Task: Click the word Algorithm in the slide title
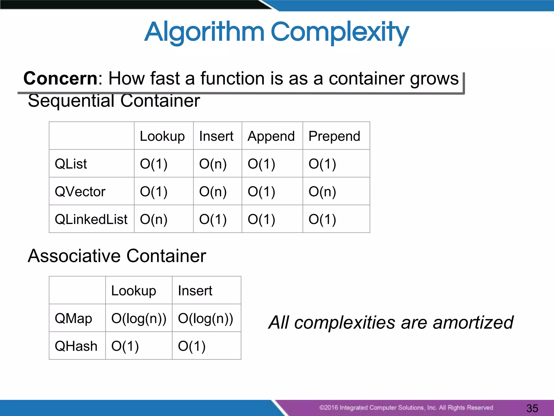(204, 32)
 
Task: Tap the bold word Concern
(60, 79)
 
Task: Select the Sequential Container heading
(114, 101)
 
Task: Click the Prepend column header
(334, 136)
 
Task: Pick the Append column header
(271, 136)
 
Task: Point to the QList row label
(71, 164)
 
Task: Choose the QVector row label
(80, 192)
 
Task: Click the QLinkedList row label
(91, 219)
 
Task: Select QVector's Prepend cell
(322, 192)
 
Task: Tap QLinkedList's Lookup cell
(153, 219)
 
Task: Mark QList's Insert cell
(213, 164)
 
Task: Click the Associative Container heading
(117, 256)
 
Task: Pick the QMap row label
(73, 318)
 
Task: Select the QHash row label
(76, 346)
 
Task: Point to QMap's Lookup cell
(138, 318)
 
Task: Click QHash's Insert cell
(192, 346)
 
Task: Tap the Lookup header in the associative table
(134, 291)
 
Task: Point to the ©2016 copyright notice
(406, 408)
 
